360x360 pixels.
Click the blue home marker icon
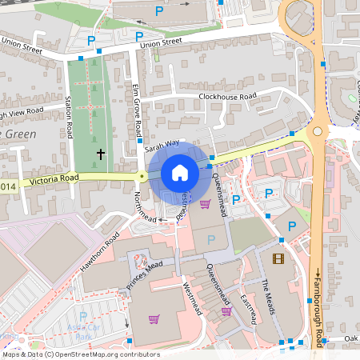[180, 173]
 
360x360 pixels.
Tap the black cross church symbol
[101, 152]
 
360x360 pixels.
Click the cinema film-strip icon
[278, 258]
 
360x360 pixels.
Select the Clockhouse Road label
[227, 96]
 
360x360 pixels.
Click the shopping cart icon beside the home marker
[205, 204]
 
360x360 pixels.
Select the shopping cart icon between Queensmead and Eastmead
[226, 311]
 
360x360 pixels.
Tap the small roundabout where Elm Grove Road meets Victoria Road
[142, 176]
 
